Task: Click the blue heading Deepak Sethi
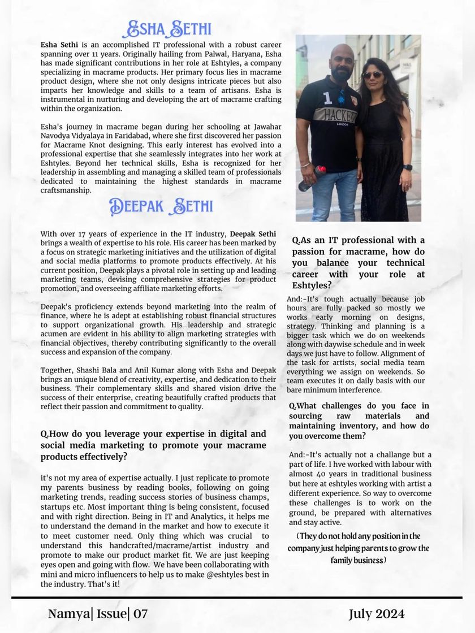pos(161,206)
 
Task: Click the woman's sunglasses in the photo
pos(372,74)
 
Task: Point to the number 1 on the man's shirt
pos(327,98)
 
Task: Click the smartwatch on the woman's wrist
pos(407,167)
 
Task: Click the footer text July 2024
pos(377,614)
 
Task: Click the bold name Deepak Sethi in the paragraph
pos(253,234)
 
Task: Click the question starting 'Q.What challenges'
pos(359,420)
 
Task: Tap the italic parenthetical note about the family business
pos(359,548)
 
